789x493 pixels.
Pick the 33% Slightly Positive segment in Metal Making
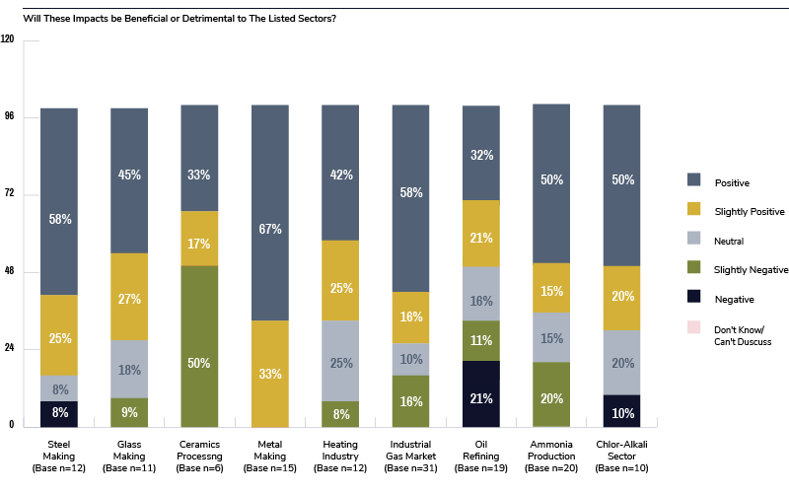269,373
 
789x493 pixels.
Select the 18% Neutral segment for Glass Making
129,369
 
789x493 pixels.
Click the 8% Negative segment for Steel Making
58,413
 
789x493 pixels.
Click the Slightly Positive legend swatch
693,210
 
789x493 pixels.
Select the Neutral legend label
728,240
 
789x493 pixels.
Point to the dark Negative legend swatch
693,299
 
